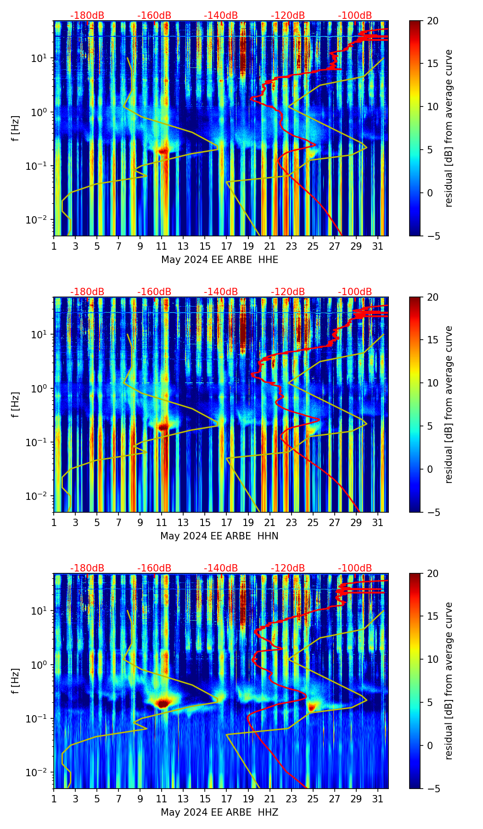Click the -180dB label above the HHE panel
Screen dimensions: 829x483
click(x=87, y=16)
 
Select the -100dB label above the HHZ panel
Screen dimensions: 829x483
click(x=355, y=568)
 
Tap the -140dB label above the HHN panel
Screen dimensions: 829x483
click(x=221, y=292)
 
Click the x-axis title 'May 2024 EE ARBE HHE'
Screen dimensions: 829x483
click(x=219, y=260)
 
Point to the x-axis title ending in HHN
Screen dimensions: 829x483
click(x=219, y=536)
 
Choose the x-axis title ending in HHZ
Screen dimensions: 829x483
click(x=219, y=812)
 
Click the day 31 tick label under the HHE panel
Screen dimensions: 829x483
click(x=377, y=246)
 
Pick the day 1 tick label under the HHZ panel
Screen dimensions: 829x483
click(x=54, y=799)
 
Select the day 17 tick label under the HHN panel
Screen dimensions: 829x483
click(x=227, y=523)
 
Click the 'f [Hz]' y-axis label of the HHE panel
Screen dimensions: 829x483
click(x=16, y=128)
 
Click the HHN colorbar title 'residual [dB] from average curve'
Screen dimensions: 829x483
click(x=449, y=404)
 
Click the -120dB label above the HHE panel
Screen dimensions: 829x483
click(x=288, y=16)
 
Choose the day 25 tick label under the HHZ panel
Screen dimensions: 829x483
click(x=313, y=799)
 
